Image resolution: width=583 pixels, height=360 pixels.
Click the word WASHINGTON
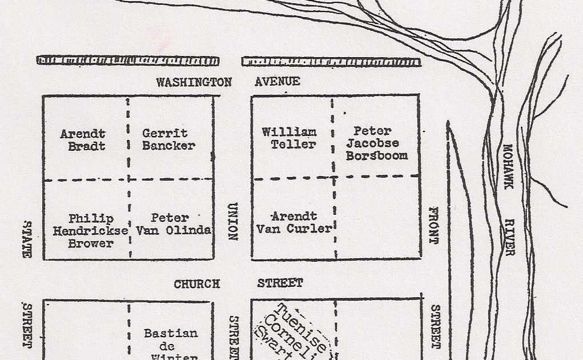(194, 82)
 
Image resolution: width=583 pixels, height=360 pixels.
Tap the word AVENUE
(277, 82)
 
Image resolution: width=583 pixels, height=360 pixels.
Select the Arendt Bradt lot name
(83, 140)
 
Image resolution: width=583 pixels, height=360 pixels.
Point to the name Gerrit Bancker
(168, 139)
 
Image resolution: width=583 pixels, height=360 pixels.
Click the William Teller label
(290, 138)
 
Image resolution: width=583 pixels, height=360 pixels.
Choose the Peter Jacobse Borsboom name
(376, 143)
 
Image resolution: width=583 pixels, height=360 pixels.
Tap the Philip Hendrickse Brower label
(83, 231)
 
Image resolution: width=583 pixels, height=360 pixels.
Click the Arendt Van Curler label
(293, 223)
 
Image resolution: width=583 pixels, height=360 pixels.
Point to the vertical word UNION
(232, 222)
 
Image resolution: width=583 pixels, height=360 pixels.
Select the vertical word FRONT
(433, 225)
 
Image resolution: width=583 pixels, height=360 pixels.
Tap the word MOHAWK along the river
(508, 166)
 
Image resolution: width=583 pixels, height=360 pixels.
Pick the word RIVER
(509, 238)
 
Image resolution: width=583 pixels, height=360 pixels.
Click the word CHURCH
(196, 284)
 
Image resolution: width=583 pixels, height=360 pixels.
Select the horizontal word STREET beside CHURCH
(280, 283)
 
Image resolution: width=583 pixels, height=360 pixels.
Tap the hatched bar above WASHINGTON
(127, 61)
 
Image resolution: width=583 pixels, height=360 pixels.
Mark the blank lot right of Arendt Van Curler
(377, 217)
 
